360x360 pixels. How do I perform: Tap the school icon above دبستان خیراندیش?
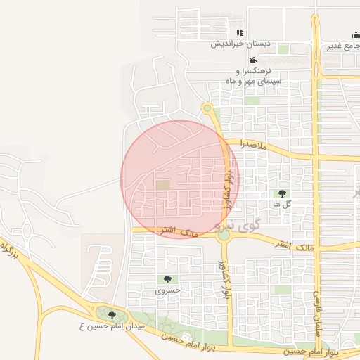240,32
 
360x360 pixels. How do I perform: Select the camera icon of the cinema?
253,60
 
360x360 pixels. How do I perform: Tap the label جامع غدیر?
342,46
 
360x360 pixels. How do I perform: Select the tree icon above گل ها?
282,193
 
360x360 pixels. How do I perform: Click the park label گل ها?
282,204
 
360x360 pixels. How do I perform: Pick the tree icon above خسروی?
167,279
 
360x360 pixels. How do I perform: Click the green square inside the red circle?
162,185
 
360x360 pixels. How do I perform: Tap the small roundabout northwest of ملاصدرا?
207,108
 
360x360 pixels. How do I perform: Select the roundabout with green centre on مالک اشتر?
224,236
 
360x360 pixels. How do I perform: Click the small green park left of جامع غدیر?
283,49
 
